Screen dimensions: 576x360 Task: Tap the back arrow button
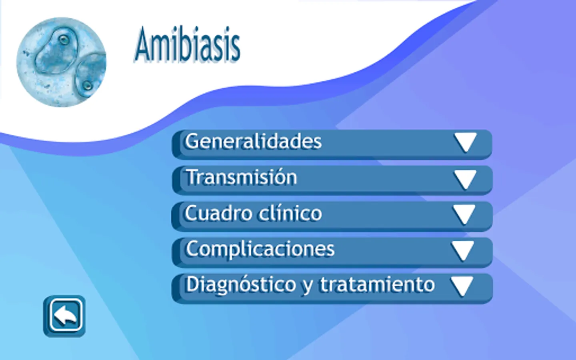(x=64, y=316)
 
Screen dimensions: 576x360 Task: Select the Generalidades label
(x=253, y=141)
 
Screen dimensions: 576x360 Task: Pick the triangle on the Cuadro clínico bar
(x=464, y=215)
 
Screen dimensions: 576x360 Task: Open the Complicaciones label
(x=260, y=250)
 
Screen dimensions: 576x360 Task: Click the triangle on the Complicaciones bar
(x=462, y=251)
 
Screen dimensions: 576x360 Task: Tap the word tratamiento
(x=377, y=285)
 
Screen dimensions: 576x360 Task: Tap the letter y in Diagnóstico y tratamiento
(x=308, y=287)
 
